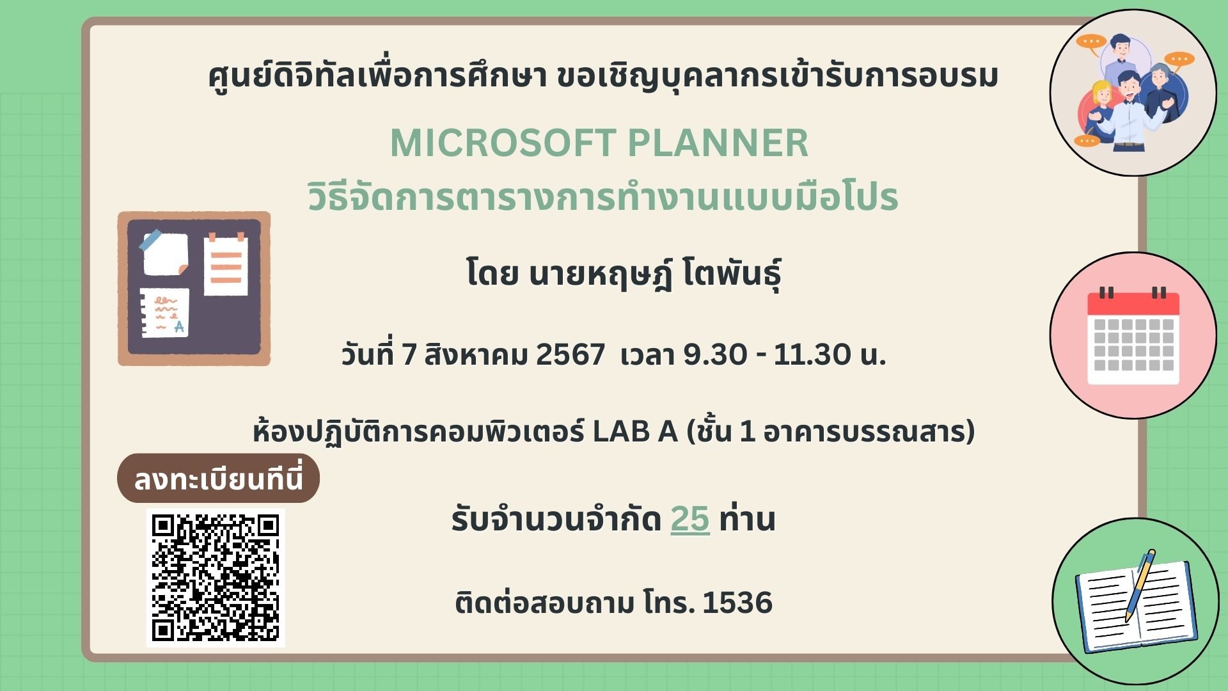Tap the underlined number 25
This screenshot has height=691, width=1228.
[690, 519]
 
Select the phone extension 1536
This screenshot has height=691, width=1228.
[737, 603]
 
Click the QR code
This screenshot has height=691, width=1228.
[216, 578]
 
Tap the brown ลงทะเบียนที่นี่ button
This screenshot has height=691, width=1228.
[218, 479]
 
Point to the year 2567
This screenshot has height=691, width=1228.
[571, 354]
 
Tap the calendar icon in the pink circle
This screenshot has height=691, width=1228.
[1133, 337]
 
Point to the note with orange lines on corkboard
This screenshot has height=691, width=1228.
[226, 264]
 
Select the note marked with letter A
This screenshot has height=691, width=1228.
[165, 312]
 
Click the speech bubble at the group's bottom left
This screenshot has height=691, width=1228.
[1087, 140]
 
